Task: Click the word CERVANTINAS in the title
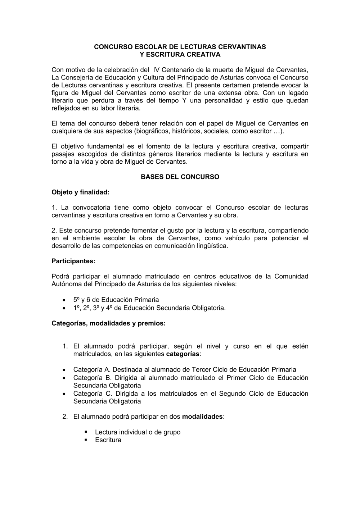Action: click(x=243, y=47)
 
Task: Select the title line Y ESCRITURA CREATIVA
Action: click(x=180, y=55)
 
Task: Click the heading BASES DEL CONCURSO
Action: click(x=180, y=177)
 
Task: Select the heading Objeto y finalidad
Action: click(x=80, y=192)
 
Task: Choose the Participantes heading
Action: click(x=73, y=261)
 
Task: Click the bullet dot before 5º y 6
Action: click(x=64, y=300)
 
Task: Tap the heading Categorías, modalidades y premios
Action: click(x=108, y=323)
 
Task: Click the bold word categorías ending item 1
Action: click(x=183, y=354)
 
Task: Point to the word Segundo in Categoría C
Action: click(x=232, y=394)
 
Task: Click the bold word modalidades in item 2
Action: click(x=202, y=417)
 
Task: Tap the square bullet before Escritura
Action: click(x=86, y=440)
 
